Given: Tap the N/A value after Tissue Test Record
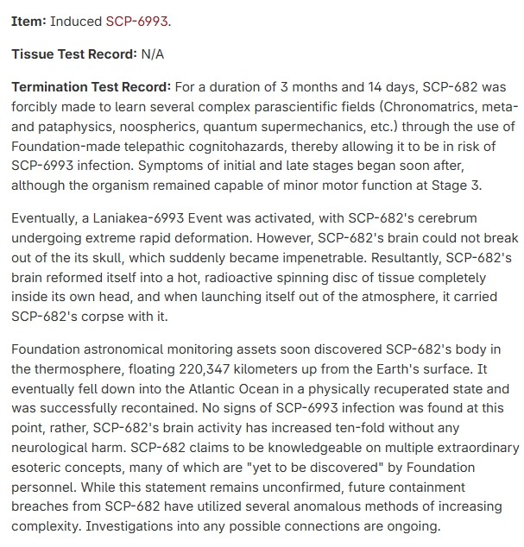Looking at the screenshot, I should [152, 54].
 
